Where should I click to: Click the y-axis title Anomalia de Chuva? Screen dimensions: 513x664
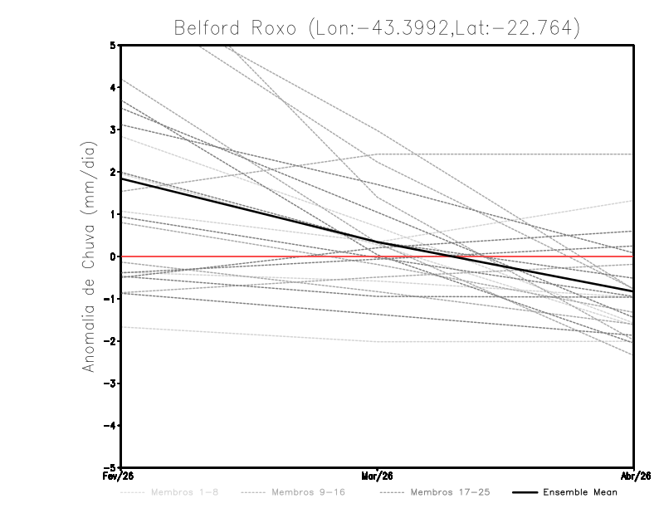[87, 256]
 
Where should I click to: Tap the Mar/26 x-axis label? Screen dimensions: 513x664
[377, 476]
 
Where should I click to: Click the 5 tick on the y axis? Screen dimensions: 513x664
[113, 45]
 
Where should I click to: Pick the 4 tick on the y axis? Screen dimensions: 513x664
[113, 87]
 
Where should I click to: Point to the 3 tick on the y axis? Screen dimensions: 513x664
[113, 129]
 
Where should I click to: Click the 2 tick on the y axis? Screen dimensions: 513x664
[113, 172]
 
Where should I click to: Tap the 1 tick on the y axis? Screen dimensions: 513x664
[113, 214]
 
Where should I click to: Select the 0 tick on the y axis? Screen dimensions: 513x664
[113, 256]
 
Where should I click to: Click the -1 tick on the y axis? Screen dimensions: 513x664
[110, 299]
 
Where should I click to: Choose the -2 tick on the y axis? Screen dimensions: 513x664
[110, 341]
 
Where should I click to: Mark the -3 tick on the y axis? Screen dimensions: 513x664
[110, 384]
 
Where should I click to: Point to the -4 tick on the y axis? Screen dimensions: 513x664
[110, 426]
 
